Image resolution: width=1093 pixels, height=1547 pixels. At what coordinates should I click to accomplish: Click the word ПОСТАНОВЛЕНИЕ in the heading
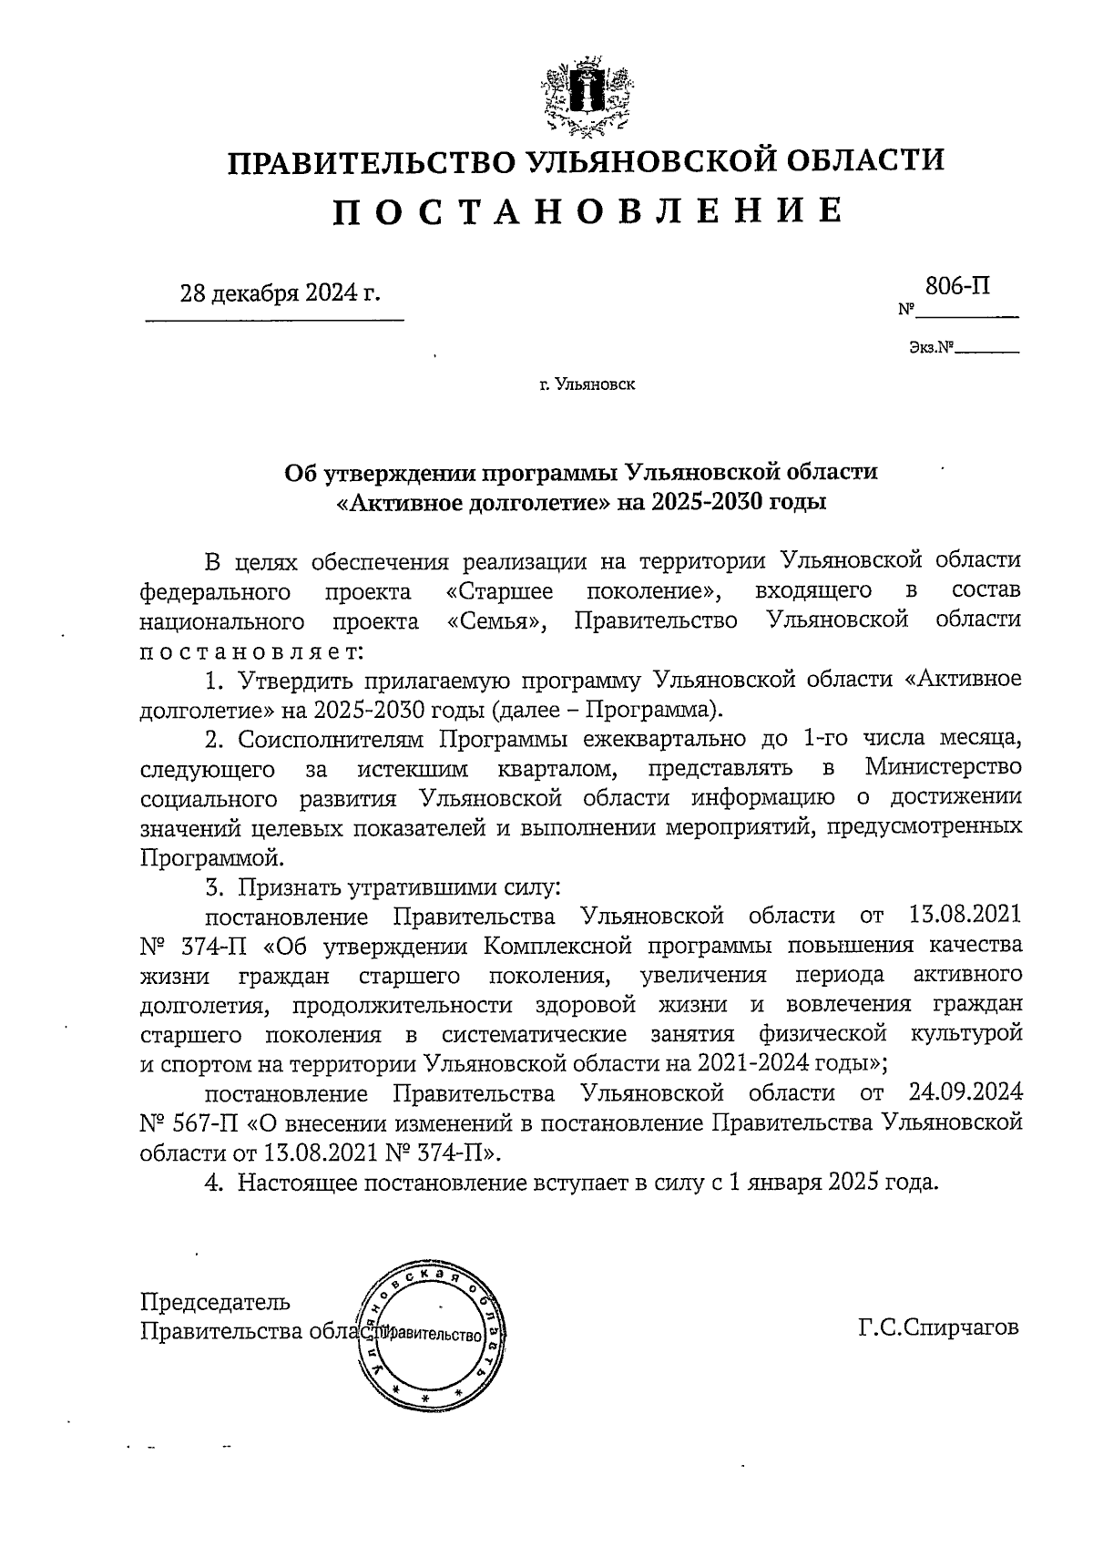point(585,210)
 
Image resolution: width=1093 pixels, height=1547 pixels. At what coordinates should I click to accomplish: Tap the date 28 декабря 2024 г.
point(280,293)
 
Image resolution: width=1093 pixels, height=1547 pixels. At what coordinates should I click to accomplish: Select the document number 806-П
point(957,286)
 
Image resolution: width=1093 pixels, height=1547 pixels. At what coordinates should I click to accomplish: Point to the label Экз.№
point(930,347)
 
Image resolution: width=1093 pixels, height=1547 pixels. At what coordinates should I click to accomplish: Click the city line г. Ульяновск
point(587,384)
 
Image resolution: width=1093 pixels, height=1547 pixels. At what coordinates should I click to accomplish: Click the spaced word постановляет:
point(251,651)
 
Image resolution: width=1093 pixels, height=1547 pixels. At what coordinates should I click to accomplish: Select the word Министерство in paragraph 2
point(943,768)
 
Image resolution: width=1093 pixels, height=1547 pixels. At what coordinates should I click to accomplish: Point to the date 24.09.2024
point(965,1092)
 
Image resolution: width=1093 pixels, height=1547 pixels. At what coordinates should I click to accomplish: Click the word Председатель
point(216,1301)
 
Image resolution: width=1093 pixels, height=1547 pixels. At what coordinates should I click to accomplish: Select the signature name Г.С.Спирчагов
point(937,1327)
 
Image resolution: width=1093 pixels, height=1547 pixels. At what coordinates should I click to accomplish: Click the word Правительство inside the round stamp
point(429,1336)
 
